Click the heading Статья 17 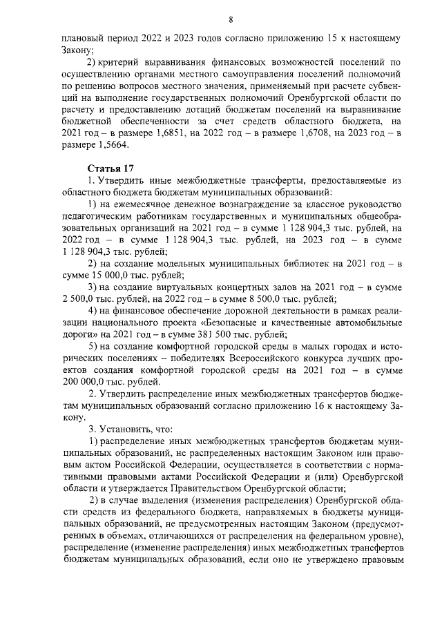point(109,169)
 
